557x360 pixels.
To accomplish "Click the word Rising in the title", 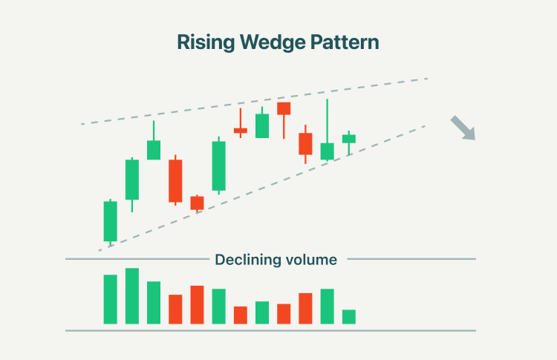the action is (206, 42).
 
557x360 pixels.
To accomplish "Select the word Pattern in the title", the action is (345, 42).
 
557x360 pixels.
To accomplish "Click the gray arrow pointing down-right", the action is (463, 128).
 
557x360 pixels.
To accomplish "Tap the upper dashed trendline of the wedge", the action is (254, 101).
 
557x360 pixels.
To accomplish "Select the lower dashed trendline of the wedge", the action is (262, 189).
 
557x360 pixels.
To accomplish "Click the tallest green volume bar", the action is (132, 295).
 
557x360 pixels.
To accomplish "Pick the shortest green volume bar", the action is (349, 317).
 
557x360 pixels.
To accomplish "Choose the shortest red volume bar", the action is (241, 315).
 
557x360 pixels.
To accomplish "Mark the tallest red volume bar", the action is (197, 304).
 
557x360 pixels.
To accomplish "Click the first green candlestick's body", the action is (111, 221).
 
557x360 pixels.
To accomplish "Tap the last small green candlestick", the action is (349, 139).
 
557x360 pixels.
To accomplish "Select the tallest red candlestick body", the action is (175, 180).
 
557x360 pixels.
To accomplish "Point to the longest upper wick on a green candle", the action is (328, 121).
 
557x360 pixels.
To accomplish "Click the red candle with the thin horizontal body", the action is (241, 131).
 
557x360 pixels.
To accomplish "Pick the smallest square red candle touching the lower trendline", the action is (197, 203).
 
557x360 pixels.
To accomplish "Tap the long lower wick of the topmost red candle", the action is (284, 126).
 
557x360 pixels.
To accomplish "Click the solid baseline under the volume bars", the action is (270, 330).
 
